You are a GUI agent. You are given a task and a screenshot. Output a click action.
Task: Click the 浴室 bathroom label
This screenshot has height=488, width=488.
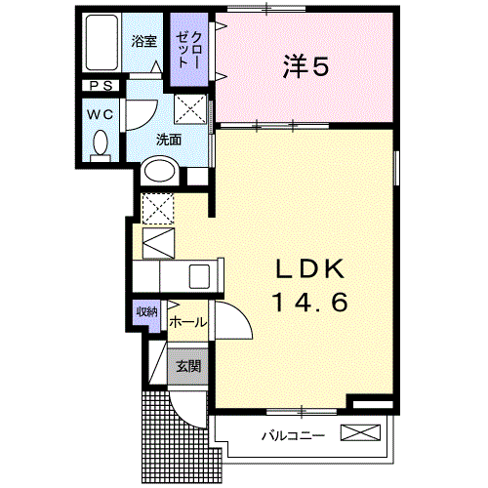(143, 41)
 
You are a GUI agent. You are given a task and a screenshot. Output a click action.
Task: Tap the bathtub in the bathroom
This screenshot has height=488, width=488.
(101, 43)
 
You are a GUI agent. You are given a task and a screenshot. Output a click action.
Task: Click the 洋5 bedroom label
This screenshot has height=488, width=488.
(306, 66)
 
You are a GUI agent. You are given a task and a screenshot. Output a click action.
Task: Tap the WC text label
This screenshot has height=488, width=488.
(100, 113)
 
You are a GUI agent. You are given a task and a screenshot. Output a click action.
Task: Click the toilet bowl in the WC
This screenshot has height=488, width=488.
(100, 144)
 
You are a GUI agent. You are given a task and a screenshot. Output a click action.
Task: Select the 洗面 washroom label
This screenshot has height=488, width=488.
(169, 139)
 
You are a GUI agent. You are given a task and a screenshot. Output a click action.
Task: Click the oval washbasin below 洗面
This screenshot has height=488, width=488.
(159, 173)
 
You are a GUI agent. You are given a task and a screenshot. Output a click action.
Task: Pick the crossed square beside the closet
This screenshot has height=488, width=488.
(189, 109)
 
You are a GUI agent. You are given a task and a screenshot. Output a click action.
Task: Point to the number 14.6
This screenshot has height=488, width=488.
(307, 303)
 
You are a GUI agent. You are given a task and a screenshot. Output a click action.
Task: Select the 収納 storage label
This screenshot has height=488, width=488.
(146, 313)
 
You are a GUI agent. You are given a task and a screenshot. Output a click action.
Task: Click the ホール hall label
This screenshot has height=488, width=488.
(187, 321)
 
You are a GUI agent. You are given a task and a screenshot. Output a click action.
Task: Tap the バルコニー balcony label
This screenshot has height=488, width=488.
(292, 434)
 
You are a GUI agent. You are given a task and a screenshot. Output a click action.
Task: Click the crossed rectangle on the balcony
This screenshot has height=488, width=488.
(358, 433)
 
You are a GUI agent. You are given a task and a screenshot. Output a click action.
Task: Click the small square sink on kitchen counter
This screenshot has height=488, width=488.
(201, 274)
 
